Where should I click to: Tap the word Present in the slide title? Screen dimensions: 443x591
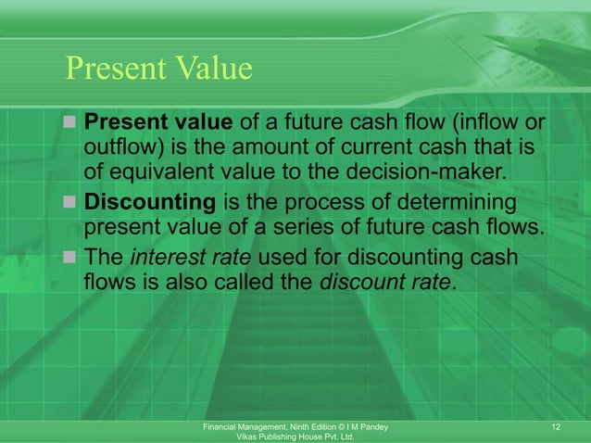[111, 69]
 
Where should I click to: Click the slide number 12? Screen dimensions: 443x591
[556, 425]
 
